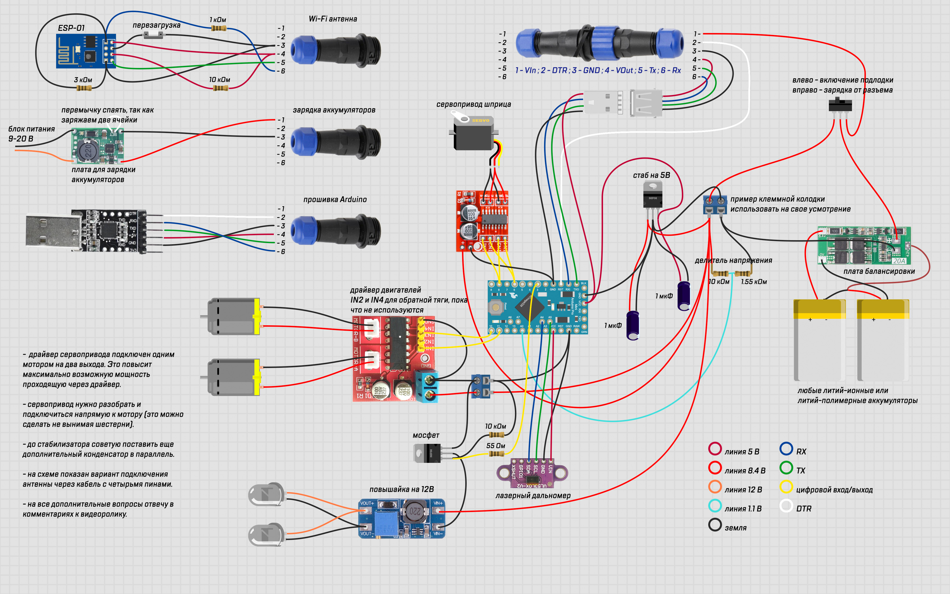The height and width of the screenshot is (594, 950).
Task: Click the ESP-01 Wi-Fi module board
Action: pos(85,51)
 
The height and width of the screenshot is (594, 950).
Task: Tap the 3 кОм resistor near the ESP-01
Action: pos(84,88)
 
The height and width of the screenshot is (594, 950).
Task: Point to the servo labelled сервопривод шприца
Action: pos(473,134)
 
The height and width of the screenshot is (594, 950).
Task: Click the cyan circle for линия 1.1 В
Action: pos(715,506)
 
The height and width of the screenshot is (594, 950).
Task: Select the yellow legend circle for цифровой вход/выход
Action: pos(786,487)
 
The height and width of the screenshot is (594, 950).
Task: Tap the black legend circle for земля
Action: pos(715,525)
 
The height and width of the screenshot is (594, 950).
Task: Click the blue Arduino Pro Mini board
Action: pos(537,307)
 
